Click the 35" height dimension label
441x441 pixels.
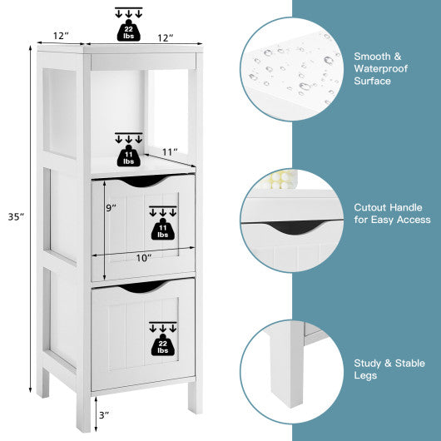pos(17,216)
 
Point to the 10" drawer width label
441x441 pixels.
pos(143,258)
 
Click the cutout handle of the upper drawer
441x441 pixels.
pos(143,181)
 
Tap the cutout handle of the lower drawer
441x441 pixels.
pos(143,287)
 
